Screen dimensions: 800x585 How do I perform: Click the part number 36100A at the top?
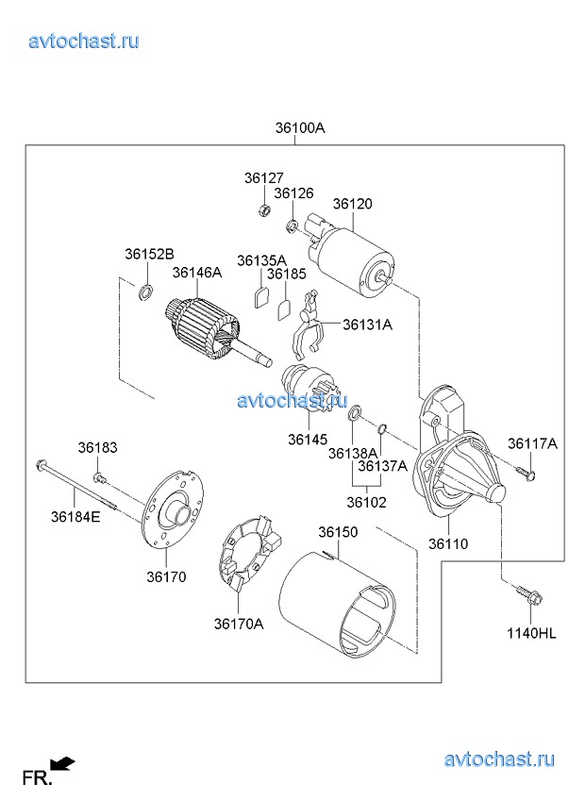pyautogui.click(x=300, y=128)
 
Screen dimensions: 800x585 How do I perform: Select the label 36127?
pyautogui.click(x=263, y=177)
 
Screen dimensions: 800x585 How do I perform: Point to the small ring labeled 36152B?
pyautogui.click(x=145, y=292)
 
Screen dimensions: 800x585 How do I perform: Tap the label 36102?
pyautogui.click(x=366, y=503)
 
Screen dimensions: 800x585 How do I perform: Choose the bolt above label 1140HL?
pyautogui.click(x=524, y=596)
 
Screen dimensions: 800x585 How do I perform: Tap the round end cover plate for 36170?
pyautogui.click(x=174, y=513)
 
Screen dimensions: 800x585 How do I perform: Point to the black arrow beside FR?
pyautogui.click(x=64, y=764)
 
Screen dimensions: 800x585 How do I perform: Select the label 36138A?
pyautogui.click(x=353, y=454)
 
